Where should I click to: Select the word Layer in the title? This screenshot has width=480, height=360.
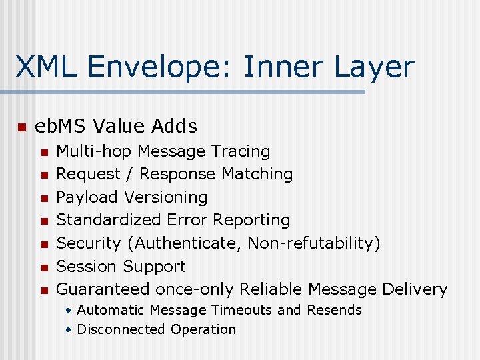(x=375, y=67)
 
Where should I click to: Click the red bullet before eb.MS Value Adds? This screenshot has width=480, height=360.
(x=21, y=127)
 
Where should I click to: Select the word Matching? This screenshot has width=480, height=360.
(x=257, y=174)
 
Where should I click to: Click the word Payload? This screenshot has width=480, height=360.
(x=83, y=197)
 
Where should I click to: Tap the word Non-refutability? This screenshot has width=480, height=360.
(x=310, y=243)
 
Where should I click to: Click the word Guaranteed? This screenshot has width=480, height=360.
(x=103, y=289)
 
